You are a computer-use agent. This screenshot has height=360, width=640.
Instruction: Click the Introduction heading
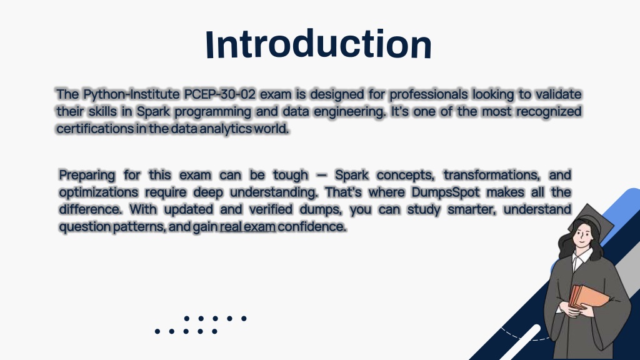[318, 44]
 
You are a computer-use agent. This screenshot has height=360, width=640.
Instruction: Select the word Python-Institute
[131, 94]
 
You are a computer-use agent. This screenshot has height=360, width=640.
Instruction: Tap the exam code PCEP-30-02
[219, 94]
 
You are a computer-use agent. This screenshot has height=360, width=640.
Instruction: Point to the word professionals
[429, 94]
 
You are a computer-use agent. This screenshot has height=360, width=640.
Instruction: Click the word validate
[558, 94]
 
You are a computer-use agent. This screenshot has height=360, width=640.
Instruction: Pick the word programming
[212, 112]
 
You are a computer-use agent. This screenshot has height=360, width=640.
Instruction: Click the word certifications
[95, 129]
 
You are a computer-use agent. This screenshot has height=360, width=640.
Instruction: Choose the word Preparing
[87, 176]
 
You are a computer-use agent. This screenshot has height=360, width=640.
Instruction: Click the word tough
[291, 176]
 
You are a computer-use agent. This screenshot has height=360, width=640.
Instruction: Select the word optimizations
[98, 192]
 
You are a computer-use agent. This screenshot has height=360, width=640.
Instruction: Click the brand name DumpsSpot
[445, 192]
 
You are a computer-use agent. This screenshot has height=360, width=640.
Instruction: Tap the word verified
[271, 209]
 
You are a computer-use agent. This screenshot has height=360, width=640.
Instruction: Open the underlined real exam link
[247, 226]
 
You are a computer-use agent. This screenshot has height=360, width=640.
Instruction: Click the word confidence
[312, 226]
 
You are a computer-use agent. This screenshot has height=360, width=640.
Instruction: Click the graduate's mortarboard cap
[591, 221]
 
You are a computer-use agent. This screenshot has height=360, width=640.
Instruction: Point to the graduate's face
[582, 235]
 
